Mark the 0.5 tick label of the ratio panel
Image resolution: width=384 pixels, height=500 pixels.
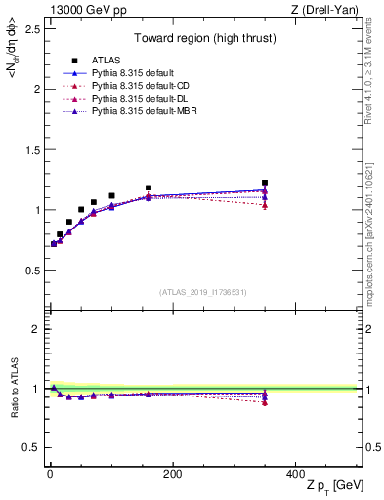coord(32,448)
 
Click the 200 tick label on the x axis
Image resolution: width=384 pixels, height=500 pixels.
coord(173,474)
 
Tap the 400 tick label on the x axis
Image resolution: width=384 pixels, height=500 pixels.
coord(296,474)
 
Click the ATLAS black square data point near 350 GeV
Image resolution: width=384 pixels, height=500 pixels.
coord(265,182)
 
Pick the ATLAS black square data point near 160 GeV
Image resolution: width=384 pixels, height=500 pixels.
coord(149,187)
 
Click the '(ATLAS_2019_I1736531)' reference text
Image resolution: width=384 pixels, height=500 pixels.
coord(202,292)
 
